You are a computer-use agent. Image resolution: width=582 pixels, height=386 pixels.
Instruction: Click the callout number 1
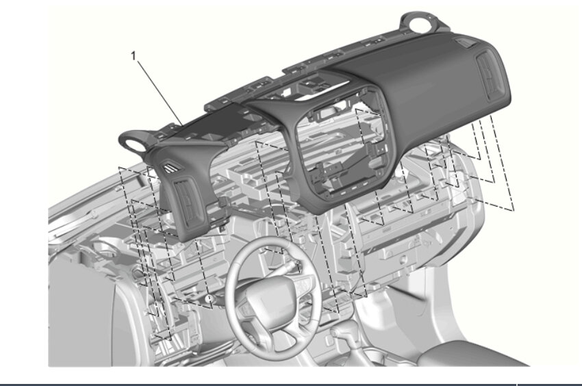134,55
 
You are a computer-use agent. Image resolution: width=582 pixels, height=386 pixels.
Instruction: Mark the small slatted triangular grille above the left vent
173,168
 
